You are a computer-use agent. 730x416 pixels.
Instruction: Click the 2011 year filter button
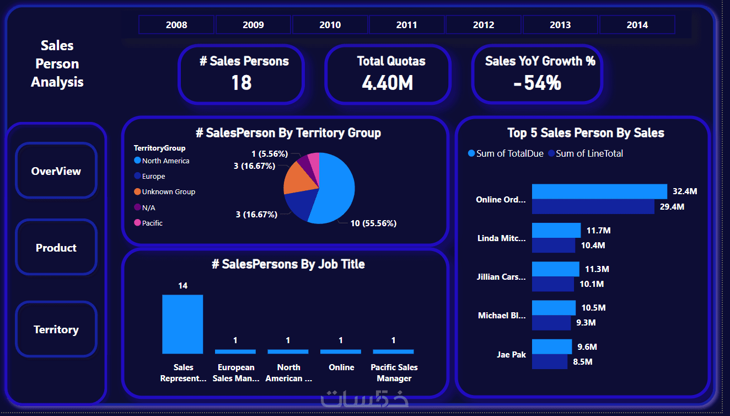click(x=406, y=25)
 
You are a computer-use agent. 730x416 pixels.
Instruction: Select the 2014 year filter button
click(x=637, y=25)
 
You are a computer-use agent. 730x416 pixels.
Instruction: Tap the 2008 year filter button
click(x=176, y=25)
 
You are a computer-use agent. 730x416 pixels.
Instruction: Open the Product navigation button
click(x=56, y=248)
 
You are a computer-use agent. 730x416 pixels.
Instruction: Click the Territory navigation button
click(x=56, y=329)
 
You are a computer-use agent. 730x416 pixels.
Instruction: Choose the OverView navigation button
click(x=56, y=171)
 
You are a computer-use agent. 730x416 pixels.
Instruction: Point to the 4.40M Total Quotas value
click(x=388, y=83)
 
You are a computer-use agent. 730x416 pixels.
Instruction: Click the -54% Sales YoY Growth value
click(x=537, y=83)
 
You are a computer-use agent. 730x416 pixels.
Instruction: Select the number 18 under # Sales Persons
click(x=241, y=83)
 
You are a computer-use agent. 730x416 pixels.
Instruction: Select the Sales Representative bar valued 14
click(x=182, y=324)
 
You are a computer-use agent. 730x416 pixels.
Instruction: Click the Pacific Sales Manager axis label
click(x=394, y=373)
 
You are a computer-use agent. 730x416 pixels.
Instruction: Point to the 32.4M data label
click(x=685, y=191)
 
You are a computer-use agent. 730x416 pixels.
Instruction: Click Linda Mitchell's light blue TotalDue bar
click(x=556, y=230)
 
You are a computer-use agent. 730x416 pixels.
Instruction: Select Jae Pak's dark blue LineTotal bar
click(x=549, y=362)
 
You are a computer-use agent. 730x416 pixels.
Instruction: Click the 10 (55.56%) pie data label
click(x=373, y=223)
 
